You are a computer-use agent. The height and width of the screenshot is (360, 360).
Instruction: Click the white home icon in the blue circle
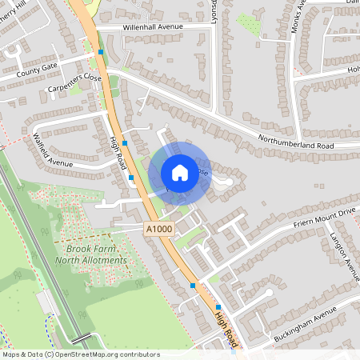pos(180,172)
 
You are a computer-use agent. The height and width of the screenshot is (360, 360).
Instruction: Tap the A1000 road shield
pos(158,230)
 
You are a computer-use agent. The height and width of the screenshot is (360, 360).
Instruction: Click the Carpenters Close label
pos(74,83)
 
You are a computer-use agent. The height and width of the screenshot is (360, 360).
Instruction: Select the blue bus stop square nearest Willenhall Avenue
pos(101,52)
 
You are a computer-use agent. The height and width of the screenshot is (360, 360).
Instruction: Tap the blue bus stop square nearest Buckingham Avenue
pos(218,306)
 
